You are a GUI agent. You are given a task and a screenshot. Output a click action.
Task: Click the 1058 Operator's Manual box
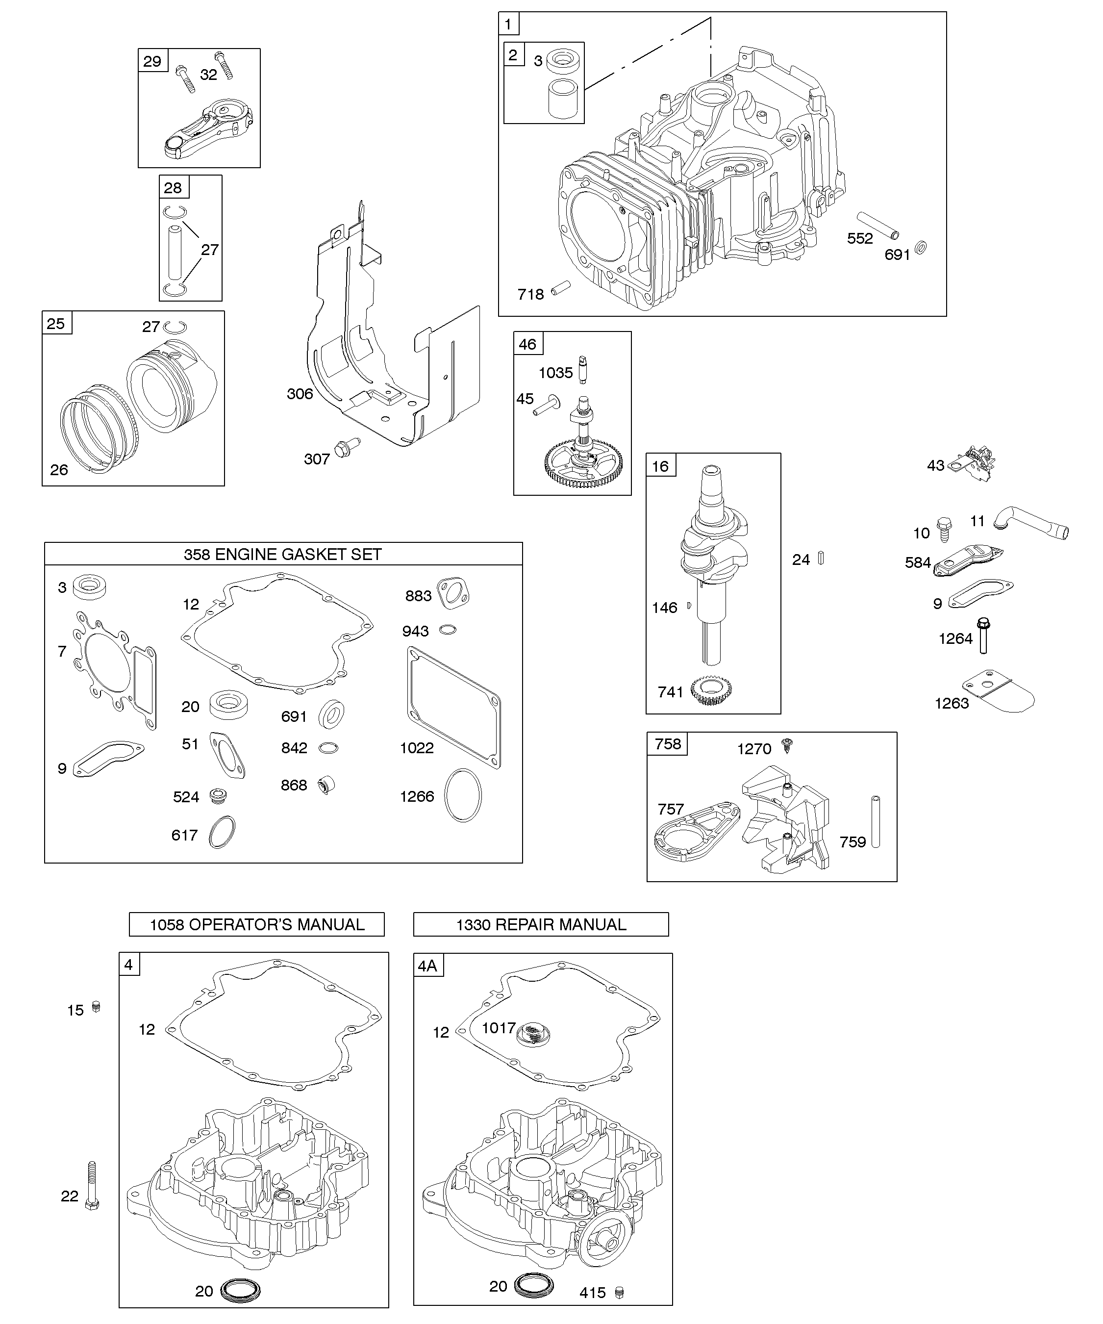click(x=256, y=924)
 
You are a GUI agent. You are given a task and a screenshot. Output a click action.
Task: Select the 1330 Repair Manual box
click(x=541, y=924)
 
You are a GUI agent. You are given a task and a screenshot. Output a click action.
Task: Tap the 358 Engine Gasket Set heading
click(x=283, y=554)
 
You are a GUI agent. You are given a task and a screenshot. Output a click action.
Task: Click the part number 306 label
click(x=300, y=394)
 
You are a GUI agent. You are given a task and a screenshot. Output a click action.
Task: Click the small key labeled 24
click(x=821, y=558)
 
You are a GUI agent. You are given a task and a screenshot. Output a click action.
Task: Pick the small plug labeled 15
click(x=97, y=1006)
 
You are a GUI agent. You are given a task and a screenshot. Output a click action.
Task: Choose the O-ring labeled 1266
click(x=463, y=795)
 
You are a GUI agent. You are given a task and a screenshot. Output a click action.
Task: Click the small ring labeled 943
click(x=448, y=629)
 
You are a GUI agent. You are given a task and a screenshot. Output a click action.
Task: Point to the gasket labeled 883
click(x=453, y=593)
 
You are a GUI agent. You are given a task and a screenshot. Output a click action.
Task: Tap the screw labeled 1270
click(x=787, y=745)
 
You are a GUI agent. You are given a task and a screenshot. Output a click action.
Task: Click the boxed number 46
click(x=527, y=344)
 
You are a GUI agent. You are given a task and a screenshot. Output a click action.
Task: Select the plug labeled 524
click(x=218, y=796)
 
